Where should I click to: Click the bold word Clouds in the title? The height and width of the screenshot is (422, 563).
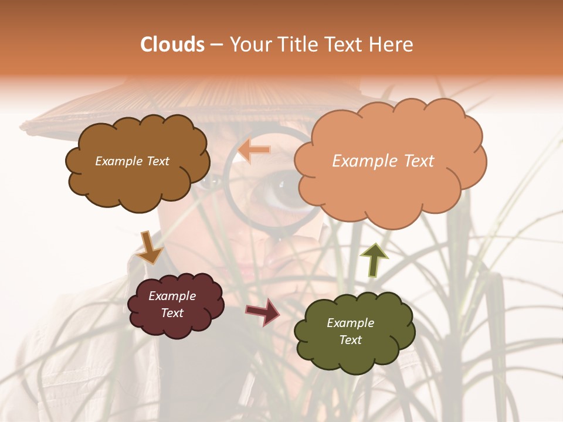172,45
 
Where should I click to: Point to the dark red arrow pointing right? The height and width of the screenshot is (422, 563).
263,311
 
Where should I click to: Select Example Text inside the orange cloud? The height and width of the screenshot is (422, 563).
383,161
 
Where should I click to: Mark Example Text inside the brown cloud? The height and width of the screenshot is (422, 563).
132,161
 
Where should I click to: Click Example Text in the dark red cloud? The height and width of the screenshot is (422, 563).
172,305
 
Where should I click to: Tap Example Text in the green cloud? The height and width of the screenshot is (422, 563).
350,331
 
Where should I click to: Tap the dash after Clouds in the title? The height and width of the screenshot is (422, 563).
216,45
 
